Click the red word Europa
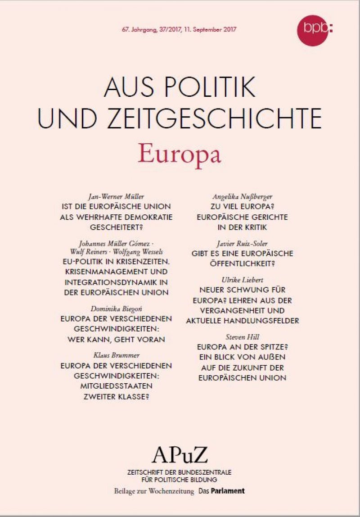point(180,154)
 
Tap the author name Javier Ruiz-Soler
point(242,244)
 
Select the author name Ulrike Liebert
point(242,280)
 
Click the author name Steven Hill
point(242,337)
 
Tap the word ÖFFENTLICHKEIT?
point(242,264)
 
